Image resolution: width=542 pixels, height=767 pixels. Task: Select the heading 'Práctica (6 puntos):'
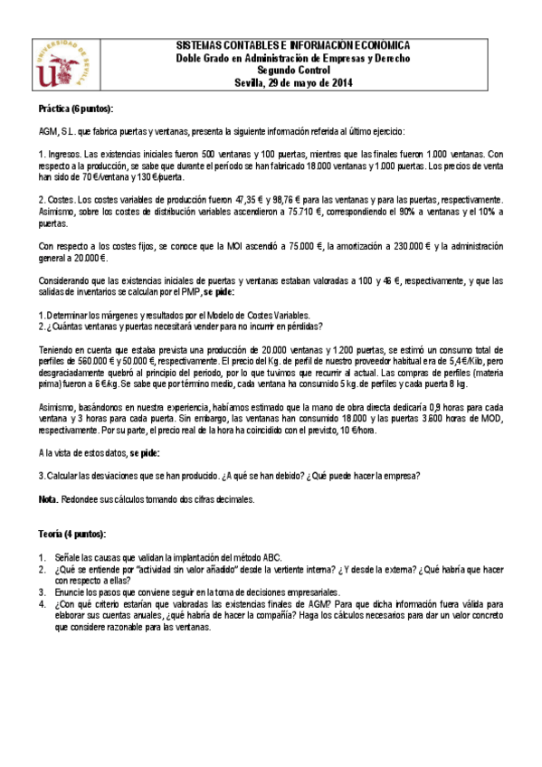[76, 109]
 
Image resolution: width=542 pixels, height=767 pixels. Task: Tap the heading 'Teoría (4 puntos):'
[72, 534]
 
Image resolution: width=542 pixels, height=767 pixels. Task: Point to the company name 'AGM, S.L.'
[56, 130]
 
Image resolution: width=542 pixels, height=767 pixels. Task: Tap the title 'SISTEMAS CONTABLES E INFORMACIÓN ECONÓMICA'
[291, 45]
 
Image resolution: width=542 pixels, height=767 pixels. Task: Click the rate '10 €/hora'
[352, 431]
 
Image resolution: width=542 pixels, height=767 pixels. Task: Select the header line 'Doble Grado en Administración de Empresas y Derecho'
[291, 58]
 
